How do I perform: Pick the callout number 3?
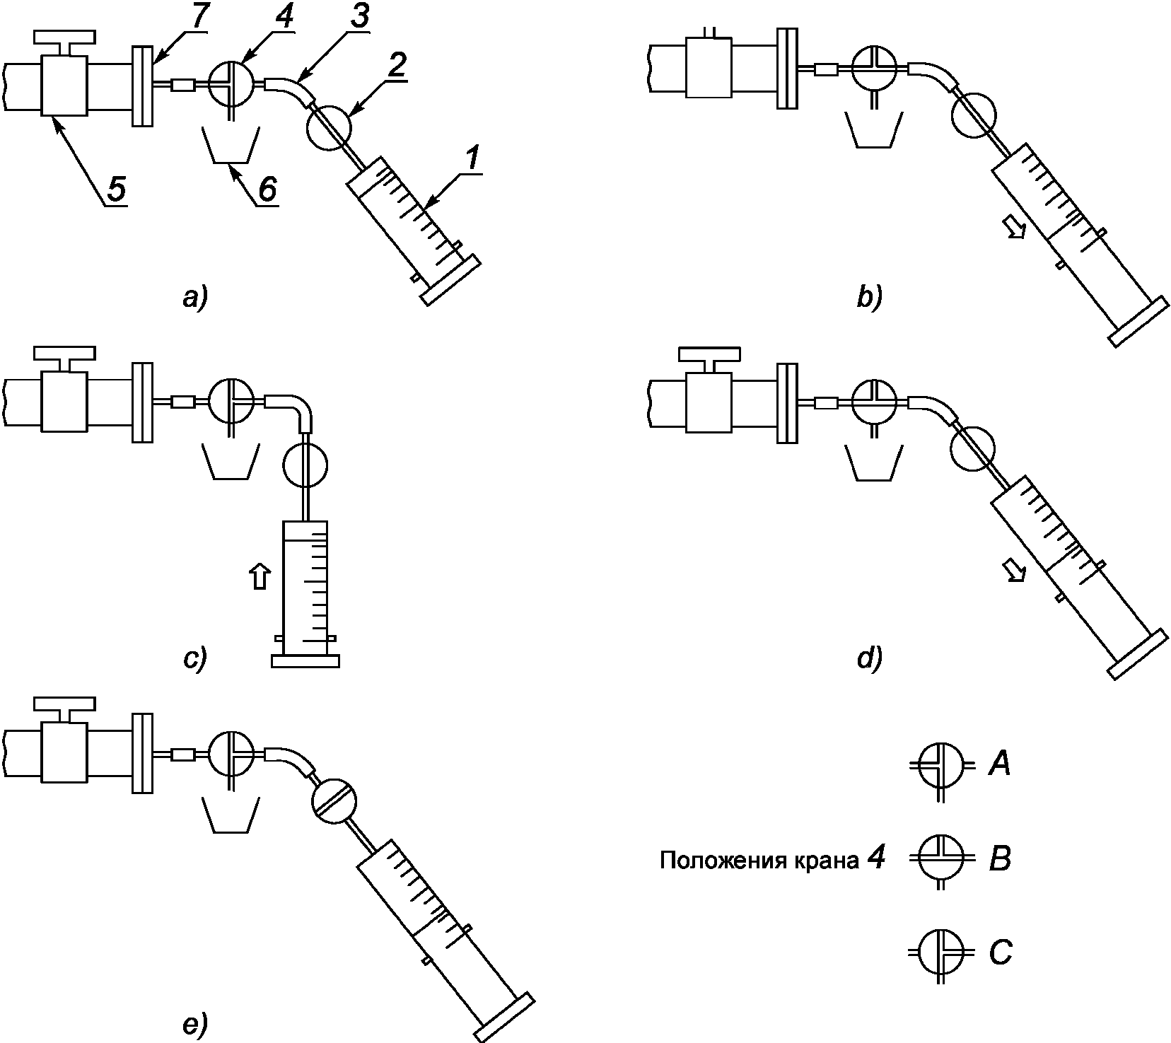[359, 18]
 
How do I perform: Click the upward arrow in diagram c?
[260, 576]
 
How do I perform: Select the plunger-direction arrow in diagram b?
[1015, 228]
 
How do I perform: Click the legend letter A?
[999, 764]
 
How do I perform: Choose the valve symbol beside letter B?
[940, 858]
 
